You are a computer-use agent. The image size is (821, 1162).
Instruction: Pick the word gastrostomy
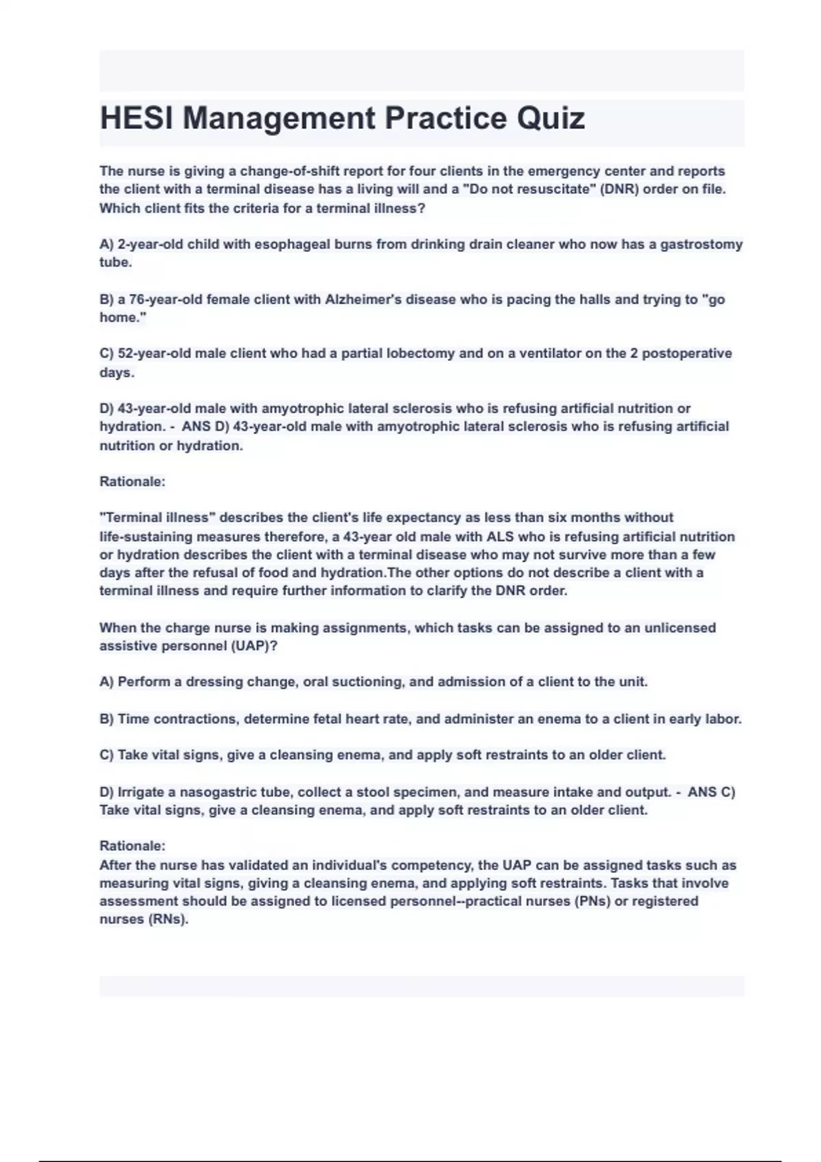[701, 244]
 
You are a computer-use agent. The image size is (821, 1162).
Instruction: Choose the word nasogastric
[219, 792]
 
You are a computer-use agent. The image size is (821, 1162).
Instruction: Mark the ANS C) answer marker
[711, 792]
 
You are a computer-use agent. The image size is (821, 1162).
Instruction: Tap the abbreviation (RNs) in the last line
[168, 919]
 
